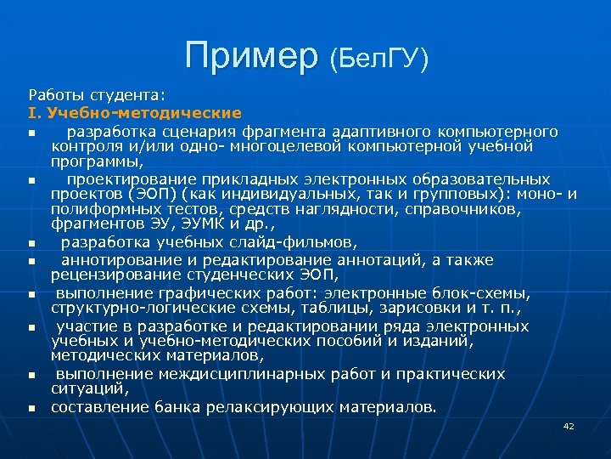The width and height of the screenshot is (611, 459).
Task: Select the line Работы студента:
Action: click(98, 93)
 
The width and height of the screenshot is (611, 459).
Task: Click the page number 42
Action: click(569, 425)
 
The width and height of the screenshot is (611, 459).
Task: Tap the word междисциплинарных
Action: click(217, 374)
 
